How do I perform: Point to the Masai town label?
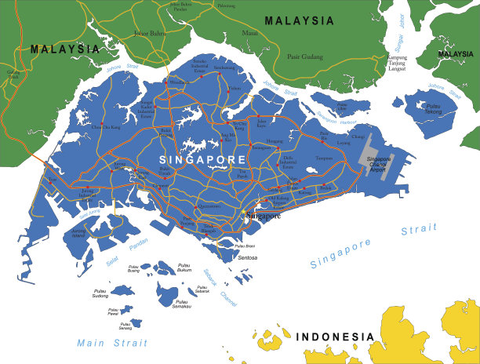click(249, 34)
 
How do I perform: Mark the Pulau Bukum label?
click(185, 268)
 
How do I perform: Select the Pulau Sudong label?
click(100, 293)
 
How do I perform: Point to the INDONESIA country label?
click(335, 337)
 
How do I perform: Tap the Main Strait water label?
click(111, 343)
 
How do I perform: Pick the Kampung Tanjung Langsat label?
click(398, 63)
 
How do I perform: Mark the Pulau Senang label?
click(125, 326)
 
